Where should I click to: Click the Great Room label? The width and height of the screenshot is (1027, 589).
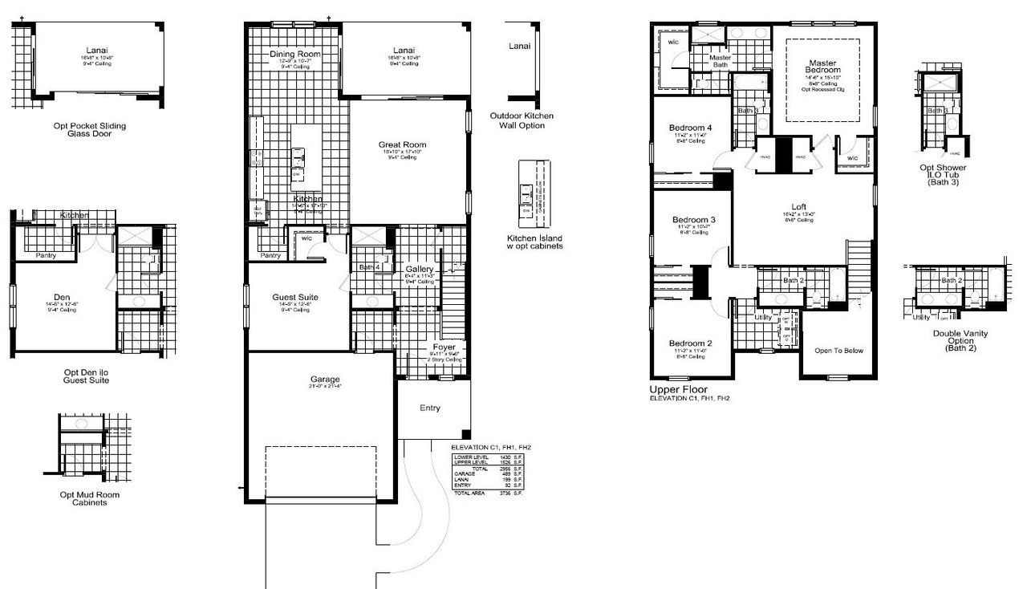pyautogui.click(x=402, y=145)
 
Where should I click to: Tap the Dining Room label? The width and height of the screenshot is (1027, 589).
pyautogui.click(x=295, y=55)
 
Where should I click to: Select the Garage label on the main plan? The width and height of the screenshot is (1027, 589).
pyautogui.click(x=325, y=379)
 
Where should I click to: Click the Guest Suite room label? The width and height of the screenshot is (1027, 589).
pyautogui.click(x=295, y=297)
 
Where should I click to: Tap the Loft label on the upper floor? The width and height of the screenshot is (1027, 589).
pyautogui.click(x=798, y=206)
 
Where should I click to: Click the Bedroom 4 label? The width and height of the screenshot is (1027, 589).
pyautogui.click(x=691, y=128)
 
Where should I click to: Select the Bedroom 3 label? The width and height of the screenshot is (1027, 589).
pyautogui.click(x=693, y=220)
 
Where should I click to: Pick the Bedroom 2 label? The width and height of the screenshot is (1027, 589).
pyautogui.click(x=692, y=343)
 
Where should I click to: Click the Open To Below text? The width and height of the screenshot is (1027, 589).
pyautogui.click(x=838, y=350)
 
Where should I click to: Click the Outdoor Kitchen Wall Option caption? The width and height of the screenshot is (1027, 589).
pyautogui.click(x=522, y=120)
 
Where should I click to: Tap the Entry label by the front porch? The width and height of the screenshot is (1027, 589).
pyautogui.click(x=430, y=408)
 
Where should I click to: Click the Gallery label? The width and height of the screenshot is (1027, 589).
pyautogui.click(x=420, y=269)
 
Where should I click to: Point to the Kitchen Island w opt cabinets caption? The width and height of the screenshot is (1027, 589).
pyautogui.click(x=534, y=242)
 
